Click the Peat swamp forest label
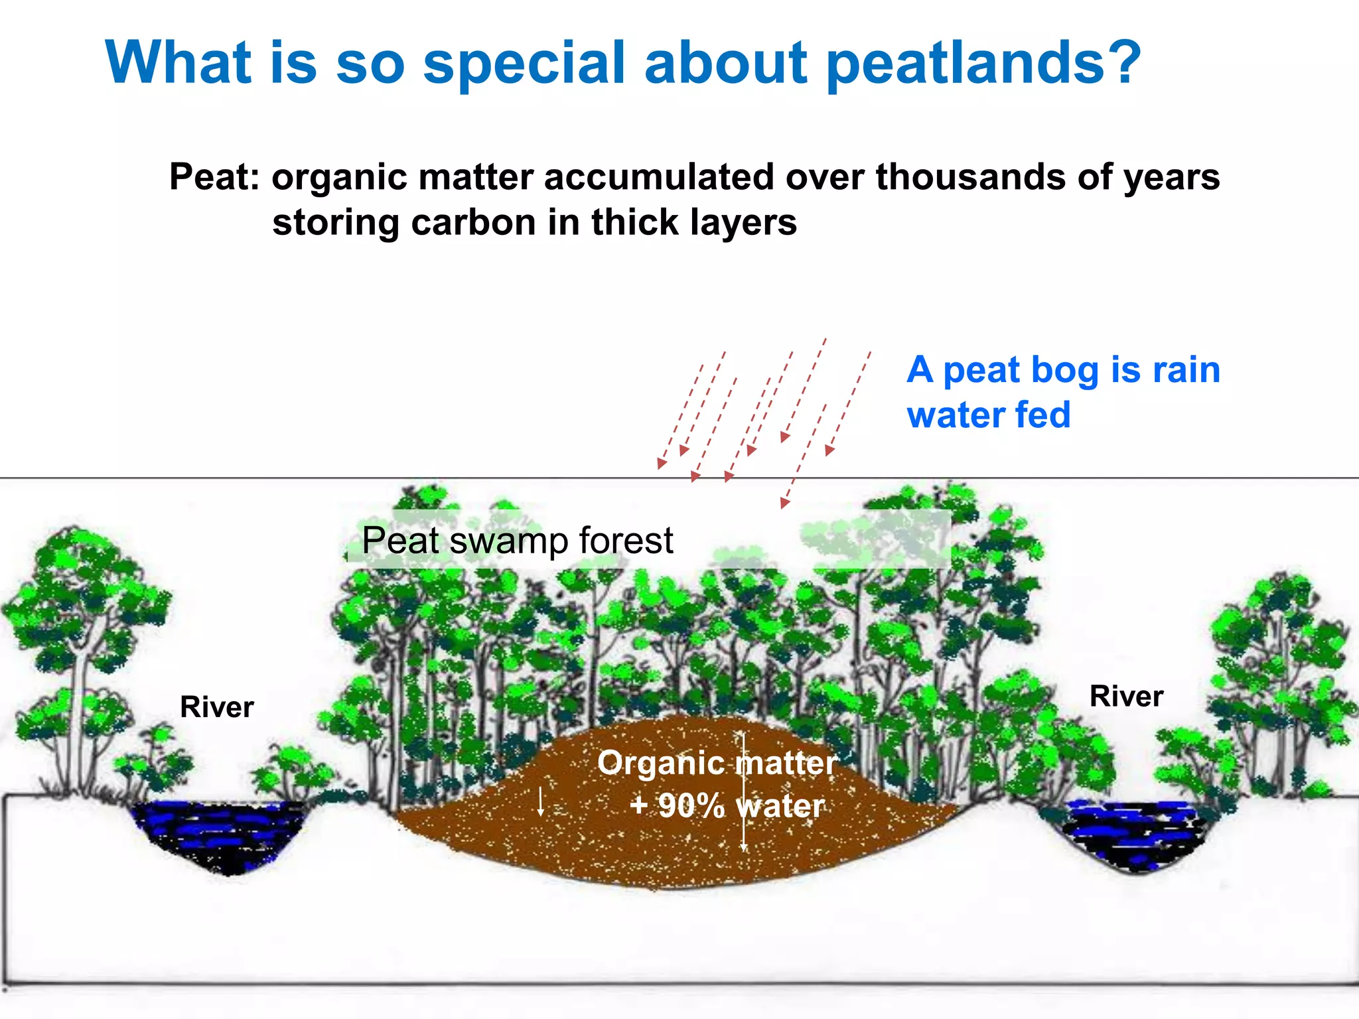517,541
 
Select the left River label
216,707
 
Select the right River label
1126,697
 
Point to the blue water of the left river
219,833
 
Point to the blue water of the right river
1128,833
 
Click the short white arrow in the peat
541,801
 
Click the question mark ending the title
1121,63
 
